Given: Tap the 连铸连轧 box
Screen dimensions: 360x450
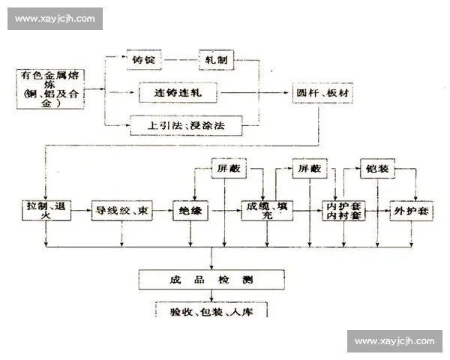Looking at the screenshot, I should point(177,94).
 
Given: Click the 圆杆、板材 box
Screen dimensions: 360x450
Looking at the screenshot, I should point(322,94).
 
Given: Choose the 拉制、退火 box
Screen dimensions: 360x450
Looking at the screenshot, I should point(46,211).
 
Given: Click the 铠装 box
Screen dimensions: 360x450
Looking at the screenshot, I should point(378,169).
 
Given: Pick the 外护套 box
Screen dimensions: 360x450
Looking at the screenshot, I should point(412,211).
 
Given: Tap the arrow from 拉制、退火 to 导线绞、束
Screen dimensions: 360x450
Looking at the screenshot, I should point(81,211).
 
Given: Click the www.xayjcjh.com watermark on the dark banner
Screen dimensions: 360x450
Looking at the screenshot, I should point(56,18).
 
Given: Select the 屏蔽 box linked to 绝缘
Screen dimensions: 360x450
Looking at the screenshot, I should point(228,169).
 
